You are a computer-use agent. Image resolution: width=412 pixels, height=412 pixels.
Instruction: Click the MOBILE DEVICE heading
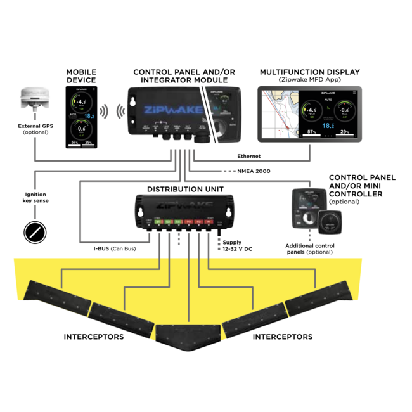(x=81, y=76)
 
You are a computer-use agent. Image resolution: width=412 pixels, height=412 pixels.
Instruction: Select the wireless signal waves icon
(x=103, y=112)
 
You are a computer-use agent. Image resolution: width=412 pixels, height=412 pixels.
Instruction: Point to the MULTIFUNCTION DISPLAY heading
(x=309, y=72)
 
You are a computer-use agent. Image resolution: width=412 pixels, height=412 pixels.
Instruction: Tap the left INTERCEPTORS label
(x=94, y=337)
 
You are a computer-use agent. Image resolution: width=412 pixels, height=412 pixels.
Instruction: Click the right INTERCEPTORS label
(x=283, y=337)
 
